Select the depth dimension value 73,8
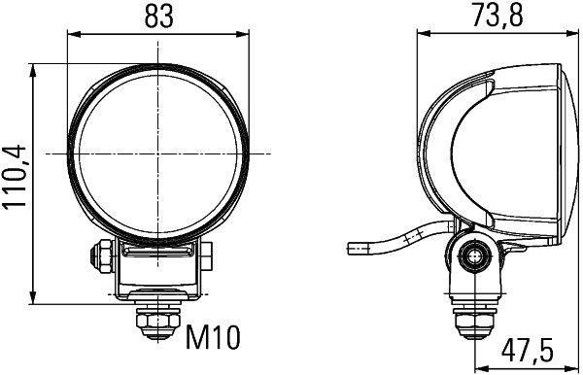[496, 17]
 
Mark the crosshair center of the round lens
[156, 154]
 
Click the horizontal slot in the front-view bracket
[156, 252]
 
